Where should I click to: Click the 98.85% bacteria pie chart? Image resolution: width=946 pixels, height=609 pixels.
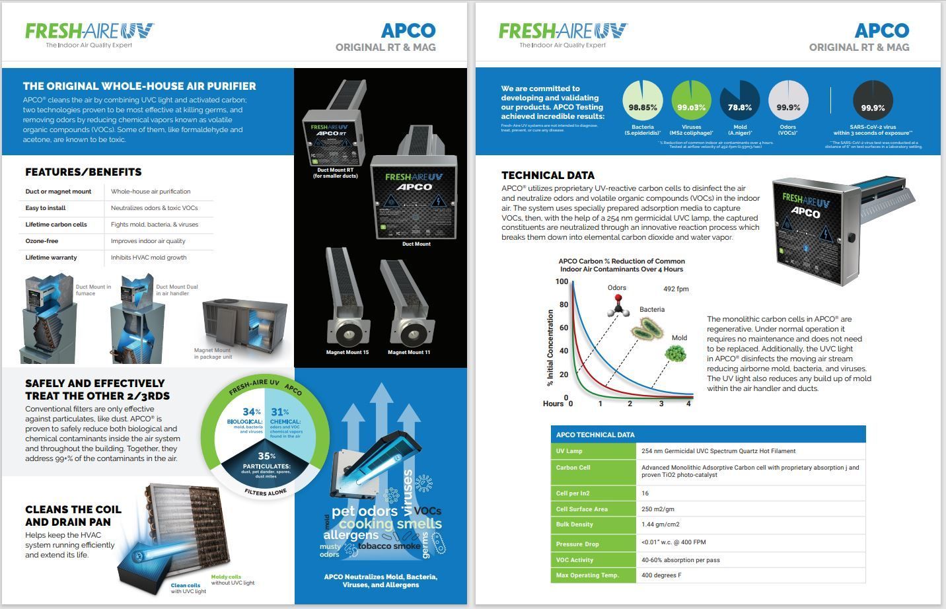pyautogui.click(x=642, y=101)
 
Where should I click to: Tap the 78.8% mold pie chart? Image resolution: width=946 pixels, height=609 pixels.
pyautogui.click(x=739, y=101)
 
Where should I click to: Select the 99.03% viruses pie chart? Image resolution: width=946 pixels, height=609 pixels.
pyautogui.click(x=691, y=101)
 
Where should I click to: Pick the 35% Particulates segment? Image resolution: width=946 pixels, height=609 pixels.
pyautogui.click(x=266, y=466)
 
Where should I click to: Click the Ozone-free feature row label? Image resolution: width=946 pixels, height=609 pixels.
pyautogui.click(x=42, y=241)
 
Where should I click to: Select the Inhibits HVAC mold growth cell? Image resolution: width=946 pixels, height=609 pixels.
pyautogui.click(x=149, y=258)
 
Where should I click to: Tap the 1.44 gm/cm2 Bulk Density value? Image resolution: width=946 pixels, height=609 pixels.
pyautogui.click(x=660, y=524)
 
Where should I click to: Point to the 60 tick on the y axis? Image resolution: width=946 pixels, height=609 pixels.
pyautogui.click(x=564, y=328)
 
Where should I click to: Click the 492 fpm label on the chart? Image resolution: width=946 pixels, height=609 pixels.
pyautogui.click(x=676, y=289)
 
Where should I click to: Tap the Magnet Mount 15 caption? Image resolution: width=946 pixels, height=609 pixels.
pyautogui.click(x=347, y=352)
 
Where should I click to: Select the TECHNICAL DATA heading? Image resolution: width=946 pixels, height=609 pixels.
pyautogui.click(x=548, y=175)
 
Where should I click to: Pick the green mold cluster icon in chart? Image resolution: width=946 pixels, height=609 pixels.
pyautogui.click(x=675, y=353)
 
